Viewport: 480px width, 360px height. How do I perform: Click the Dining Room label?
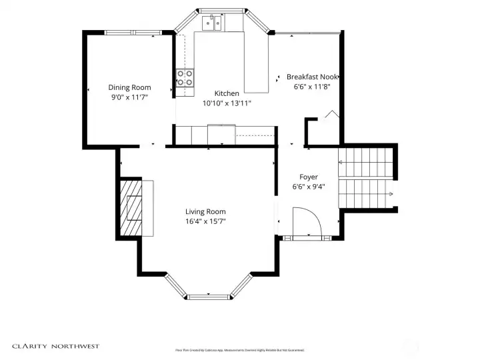pos(129,87)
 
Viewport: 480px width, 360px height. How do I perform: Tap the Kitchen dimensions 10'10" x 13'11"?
pos(227,103)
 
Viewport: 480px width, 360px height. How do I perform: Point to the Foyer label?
pos(308,177)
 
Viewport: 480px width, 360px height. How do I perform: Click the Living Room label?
pos(205,211)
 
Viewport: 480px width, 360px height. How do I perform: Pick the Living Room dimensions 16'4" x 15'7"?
pos(205,221)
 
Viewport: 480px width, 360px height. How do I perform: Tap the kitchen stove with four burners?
pos(185,78)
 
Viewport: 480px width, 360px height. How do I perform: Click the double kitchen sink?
pos(213,24)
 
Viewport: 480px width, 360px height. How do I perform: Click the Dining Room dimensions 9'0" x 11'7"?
pos(129,97)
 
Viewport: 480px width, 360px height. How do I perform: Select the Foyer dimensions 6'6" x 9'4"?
pos(308,187)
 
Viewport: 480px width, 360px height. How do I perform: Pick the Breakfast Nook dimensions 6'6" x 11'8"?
pos(312,86)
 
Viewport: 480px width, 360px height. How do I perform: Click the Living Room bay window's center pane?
pos(209,296)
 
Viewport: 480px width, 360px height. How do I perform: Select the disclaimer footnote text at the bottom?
pos(239,350)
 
